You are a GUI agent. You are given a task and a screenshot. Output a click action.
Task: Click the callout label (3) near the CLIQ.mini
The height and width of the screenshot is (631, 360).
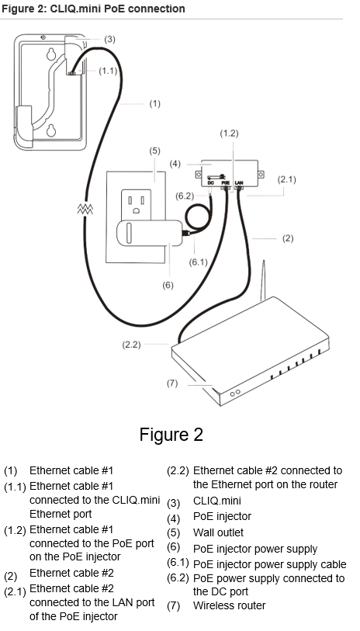109,39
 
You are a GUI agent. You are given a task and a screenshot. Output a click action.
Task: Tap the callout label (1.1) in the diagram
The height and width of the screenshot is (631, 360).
109,71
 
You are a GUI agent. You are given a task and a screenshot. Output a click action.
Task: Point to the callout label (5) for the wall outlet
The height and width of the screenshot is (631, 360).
154,150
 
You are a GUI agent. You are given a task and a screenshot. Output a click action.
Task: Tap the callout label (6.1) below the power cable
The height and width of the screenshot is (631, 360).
200,262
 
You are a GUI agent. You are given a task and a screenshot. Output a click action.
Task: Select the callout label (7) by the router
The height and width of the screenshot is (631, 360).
172,383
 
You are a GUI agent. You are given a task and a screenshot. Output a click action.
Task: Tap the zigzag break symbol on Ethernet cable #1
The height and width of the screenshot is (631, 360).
85,210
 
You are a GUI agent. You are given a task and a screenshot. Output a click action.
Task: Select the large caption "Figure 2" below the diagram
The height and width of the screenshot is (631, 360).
171,435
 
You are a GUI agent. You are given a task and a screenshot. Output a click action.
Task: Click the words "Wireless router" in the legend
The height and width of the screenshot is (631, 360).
229,605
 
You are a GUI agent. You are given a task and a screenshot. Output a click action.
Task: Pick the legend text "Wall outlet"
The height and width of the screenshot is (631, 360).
218,532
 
